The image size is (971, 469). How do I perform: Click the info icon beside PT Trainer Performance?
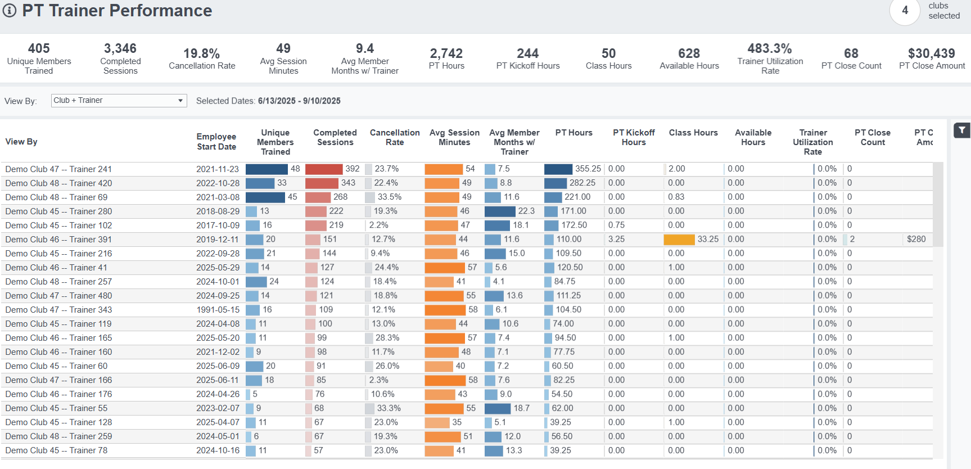pos(10,11)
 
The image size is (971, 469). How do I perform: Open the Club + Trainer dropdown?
pos(119,101)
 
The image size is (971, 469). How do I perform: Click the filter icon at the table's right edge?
pos(962,130)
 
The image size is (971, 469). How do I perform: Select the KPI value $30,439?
pos(931,53)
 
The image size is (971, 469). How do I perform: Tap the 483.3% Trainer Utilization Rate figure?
pos(769,48)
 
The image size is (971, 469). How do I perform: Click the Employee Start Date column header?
pos(216,142)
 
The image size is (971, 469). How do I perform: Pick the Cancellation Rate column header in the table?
pos(395,137)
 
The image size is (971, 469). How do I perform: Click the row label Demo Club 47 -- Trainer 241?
pos(58,169)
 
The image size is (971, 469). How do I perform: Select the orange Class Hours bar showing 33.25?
pos(679,240)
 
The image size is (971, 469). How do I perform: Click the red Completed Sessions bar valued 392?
pos(324,169)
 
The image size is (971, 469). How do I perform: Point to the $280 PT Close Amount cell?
pos(916,240)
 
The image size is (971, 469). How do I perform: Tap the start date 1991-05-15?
pos(218,310)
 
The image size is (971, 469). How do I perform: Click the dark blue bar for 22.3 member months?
pos(499,211)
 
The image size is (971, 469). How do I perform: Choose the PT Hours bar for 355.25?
pos(558,169)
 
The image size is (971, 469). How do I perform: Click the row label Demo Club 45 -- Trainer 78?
pos(56,450)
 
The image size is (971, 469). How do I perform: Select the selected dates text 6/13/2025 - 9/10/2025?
pos(299,101)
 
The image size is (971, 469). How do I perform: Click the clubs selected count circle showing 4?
pos(905,11)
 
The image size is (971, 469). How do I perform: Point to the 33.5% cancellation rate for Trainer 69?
pos(389,197)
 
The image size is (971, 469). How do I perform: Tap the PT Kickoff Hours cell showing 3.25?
pos(616,240)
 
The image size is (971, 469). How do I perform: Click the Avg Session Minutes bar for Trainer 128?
pos(437,422)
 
